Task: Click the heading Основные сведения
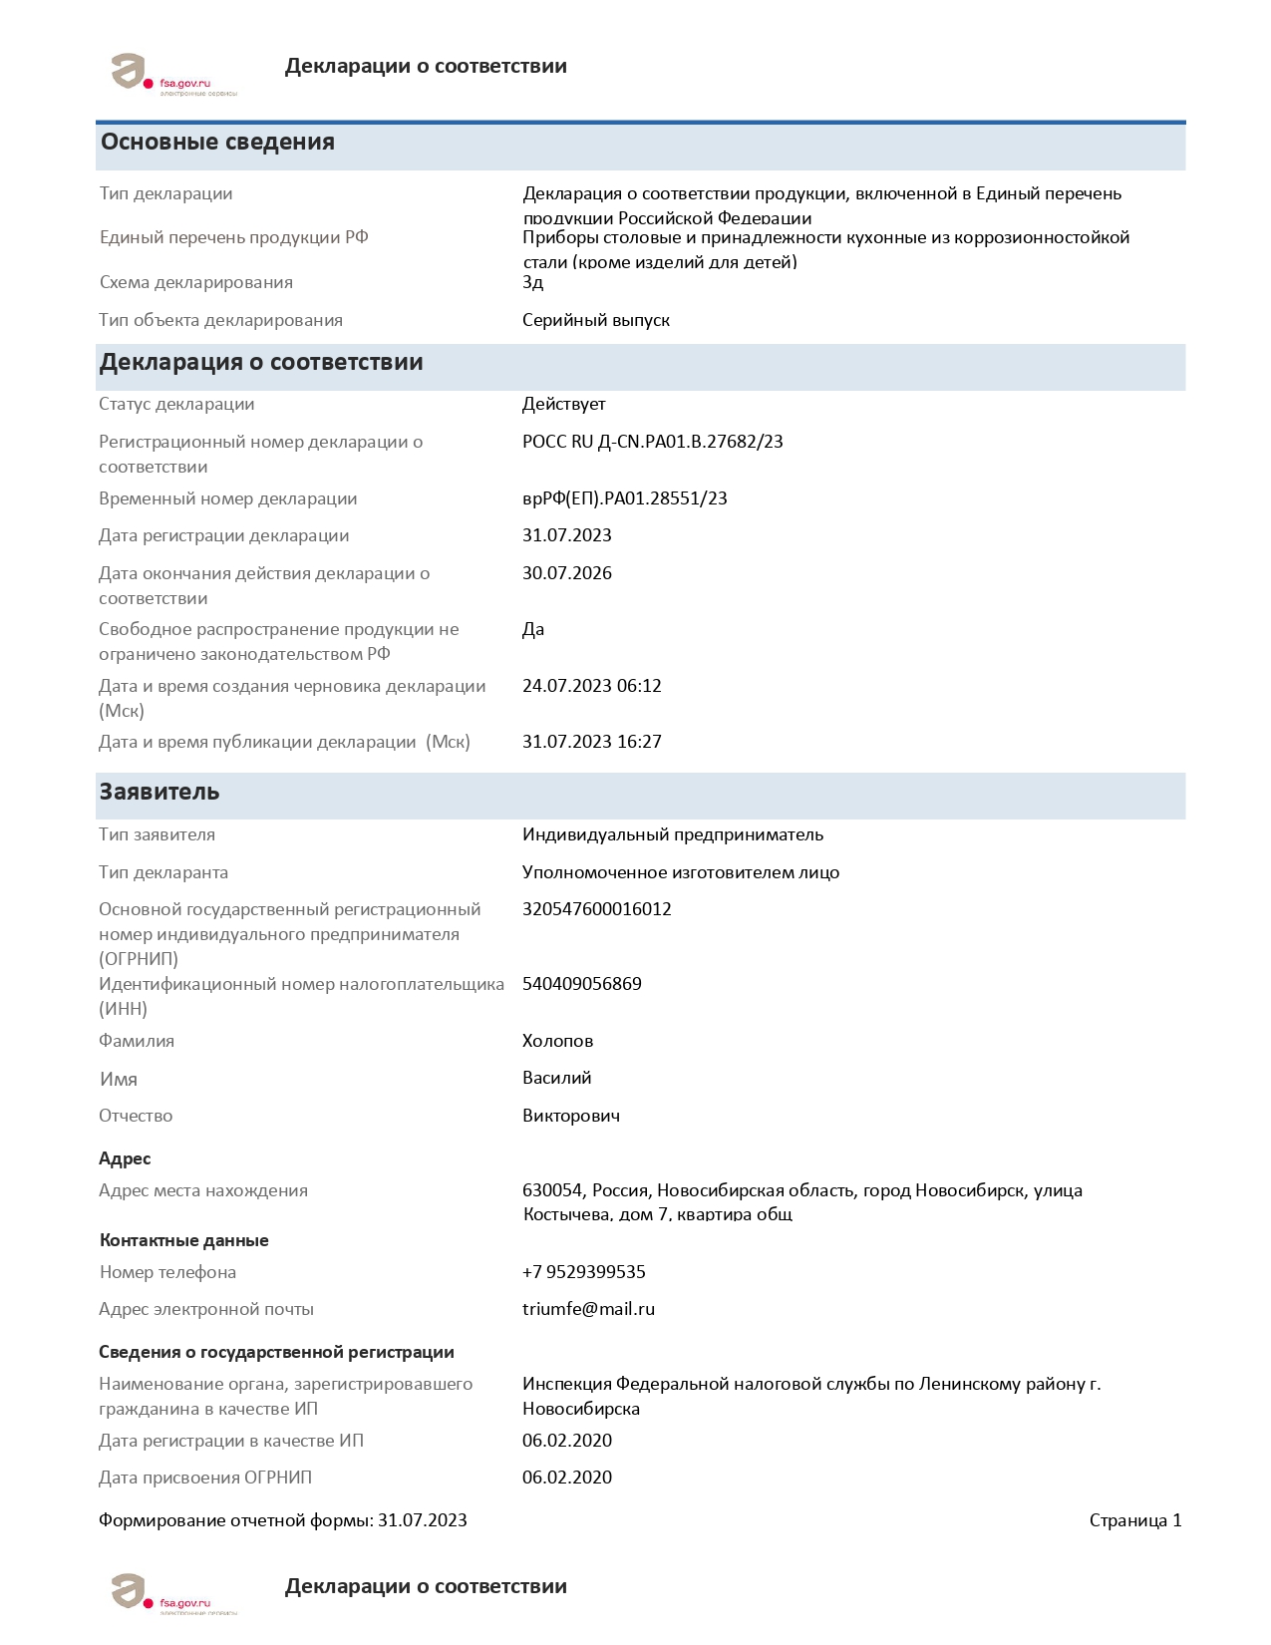(x=217, y=143)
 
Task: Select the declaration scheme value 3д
(x=533, y=283)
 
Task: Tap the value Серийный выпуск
(x=595, y=320)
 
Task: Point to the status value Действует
(x=563, y=404)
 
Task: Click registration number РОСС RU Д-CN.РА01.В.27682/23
(x=652, y=442)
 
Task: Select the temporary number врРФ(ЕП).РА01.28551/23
(x=624, y=498)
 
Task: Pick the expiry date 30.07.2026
(x=566, y=573)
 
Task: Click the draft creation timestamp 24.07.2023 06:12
(x=591, y=686)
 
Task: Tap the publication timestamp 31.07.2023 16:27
(x=591, y=742)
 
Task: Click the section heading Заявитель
(x=159, y=793)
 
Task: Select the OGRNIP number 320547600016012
(x=596, y=909)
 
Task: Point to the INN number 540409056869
(x=581, y=984)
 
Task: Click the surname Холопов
(x=557, y=1041)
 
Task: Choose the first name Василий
(x=556, y=1078)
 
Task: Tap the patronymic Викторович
(x=570, y=1116)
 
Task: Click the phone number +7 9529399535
(x=583, y=1272)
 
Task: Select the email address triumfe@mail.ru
(x=588, y=1309)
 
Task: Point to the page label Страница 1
(x=1134, y=1520)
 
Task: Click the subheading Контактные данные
(x=183, y=1240)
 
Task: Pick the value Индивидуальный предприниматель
(x=672, y=834)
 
